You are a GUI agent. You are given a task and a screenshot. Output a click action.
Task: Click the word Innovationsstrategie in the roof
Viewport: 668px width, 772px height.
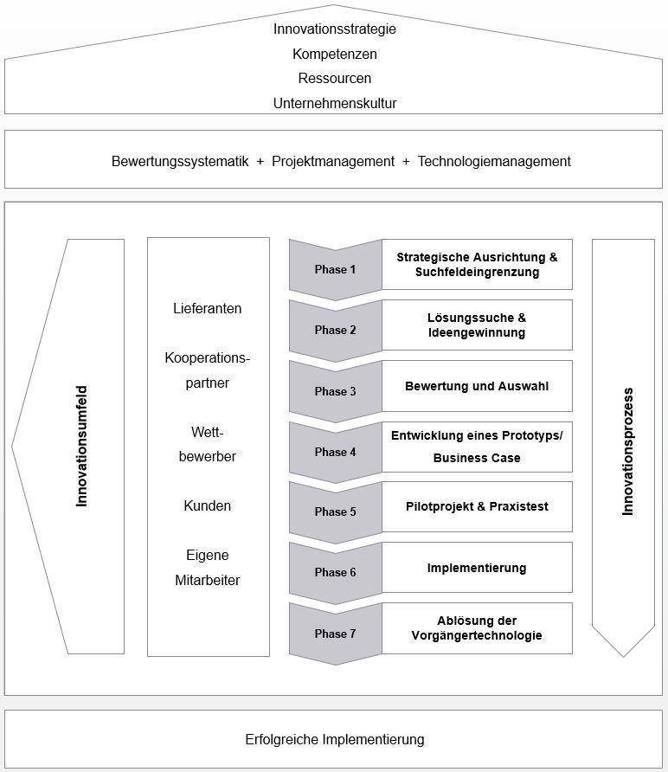click(335, 29)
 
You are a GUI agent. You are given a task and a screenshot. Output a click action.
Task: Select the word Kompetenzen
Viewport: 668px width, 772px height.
click(335, 55)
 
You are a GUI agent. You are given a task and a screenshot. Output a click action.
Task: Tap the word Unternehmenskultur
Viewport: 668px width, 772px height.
click(335, 103)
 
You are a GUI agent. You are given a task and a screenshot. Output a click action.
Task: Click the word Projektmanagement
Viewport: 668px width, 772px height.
click(333, 162)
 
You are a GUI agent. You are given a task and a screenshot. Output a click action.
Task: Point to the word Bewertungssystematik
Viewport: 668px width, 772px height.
click(180, 162)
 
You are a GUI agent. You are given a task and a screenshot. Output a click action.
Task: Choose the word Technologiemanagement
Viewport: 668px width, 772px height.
click(494, 162)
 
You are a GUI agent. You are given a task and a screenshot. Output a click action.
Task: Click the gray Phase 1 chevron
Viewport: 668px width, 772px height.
click(335, 269)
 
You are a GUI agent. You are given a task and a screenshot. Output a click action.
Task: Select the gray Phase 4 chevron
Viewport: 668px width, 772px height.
click(335, 452)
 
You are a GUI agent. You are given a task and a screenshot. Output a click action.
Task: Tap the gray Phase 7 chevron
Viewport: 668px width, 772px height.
click(335, 634)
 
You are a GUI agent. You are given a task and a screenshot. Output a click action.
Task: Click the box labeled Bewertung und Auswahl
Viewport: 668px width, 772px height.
click(477, 386)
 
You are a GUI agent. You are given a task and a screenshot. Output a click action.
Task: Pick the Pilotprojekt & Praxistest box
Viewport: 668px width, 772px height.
click(477, 506)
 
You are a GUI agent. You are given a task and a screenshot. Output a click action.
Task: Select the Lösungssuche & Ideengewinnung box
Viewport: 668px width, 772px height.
click(477, 325)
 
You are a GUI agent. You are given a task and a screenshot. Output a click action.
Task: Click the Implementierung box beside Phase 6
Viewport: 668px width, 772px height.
click(477, 567)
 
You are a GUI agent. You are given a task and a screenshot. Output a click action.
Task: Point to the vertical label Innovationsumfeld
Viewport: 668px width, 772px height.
click(81, 446)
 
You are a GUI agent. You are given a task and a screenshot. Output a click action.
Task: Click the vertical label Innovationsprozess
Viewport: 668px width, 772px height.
click(627, 452)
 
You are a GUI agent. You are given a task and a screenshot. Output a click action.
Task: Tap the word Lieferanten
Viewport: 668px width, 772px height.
click(208, 309)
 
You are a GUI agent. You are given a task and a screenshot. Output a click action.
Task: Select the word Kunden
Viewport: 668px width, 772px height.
click(208, 505)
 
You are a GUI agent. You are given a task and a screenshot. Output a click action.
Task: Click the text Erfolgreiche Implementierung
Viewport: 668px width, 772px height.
click(335, 739)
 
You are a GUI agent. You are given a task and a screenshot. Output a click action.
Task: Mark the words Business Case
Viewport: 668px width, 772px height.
click(477, 458)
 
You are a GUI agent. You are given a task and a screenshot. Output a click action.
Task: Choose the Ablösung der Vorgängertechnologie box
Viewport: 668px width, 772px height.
click(477, 628)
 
